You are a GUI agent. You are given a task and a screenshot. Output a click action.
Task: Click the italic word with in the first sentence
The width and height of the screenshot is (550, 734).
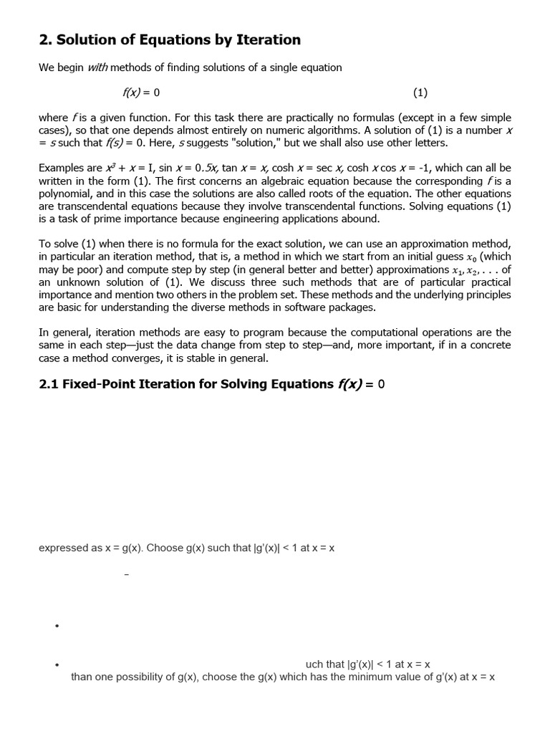click(97, 67)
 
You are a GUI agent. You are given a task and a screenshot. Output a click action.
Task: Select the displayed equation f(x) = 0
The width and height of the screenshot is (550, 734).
click(140, 92)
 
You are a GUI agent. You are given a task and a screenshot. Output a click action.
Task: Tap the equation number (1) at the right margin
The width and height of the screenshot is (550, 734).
click(420, 92)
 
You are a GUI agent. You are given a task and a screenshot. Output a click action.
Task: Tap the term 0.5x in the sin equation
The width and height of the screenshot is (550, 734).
click(206, 168)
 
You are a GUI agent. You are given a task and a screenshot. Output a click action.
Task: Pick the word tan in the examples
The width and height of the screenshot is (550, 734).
click(230, 168)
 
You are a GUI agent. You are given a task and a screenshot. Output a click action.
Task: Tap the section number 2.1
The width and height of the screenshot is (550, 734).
click(49, 384)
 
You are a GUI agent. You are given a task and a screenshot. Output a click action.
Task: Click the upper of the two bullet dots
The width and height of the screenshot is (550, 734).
click(56, 626)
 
